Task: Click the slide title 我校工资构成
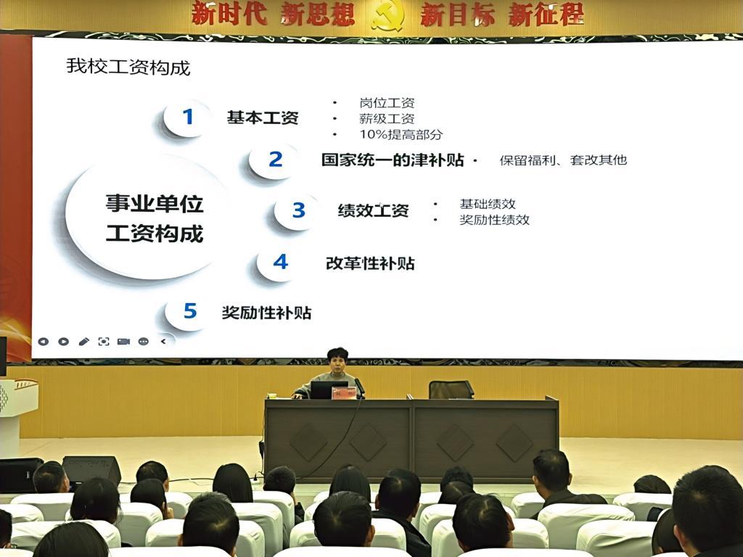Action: pyautogui.click(x=128, y=67)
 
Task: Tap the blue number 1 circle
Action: pyautogui.click(x=187, y=117)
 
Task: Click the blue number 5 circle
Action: pyautogui.click(x=189, y=311)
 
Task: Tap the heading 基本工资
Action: pyautogui.click(x=263, y=117)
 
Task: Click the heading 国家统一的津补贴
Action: pyautogui.click(x=393, y=160)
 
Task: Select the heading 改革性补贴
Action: pyautogui.click(x=370, y=263)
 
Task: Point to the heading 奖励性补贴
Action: pyautogui.click(x=266, y=313)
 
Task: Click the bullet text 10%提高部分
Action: pyautogui.click(x=401, y=134)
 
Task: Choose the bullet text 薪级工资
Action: pyautogui.click(x=387, y=118)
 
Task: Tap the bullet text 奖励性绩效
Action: pyautogui.click(x=494, y=220)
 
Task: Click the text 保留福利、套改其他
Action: pyautogui.click(x=563, y=160)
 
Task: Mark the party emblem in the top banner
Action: pyautogui.click(x=387, y=16)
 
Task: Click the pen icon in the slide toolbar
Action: pyautogui.click(x=84, y=342)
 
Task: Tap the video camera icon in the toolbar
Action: pyautogui.click(x=123, y=342)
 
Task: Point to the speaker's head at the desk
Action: pyautogui.click(x=337, y=360)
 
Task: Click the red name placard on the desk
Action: pyautogui.click(x=343, y=392)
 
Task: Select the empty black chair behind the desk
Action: pyautogui.click(x=451, y=389)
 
